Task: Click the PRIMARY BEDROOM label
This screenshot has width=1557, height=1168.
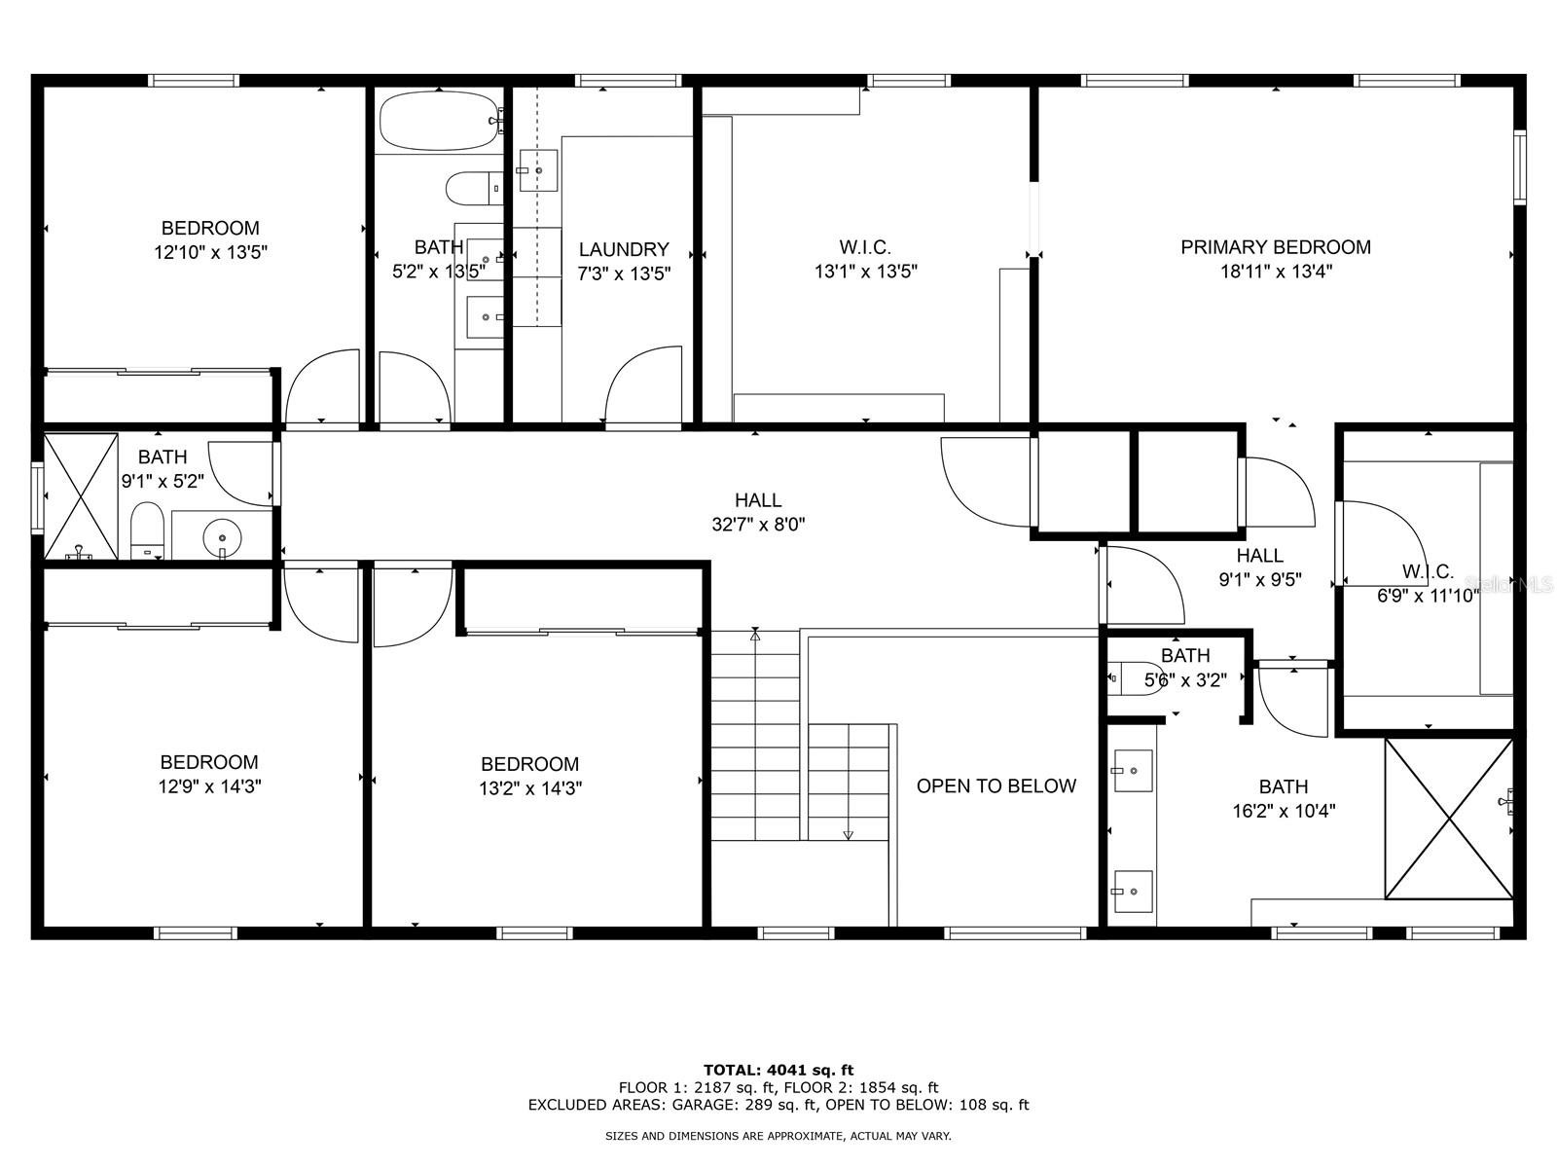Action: tap(1276, 247)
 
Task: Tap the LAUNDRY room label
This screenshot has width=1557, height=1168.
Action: tap(624, 249)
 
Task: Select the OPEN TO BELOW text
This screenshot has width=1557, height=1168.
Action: tap(996, 785)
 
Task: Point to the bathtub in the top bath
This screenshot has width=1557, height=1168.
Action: tap(438, 121)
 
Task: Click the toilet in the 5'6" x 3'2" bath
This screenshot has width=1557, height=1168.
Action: tap(1135, 679)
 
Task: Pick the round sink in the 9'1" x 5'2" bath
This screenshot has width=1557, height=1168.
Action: tap(222, 537)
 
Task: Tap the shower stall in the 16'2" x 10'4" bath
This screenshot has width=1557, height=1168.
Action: tap(1449, 819)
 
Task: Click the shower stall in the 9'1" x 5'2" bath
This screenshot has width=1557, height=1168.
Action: tap(81, 496)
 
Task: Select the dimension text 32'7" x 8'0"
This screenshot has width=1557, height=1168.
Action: tap(758, 525)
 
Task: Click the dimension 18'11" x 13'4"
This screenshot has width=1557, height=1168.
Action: tap(1276, 272)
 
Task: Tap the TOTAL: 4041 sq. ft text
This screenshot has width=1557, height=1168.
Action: tap(778, 1070)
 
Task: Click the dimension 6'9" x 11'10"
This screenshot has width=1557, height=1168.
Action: tap(1428, 596)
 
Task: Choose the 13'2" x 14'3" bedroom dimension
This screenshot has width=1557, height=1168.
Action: tap(530, 788)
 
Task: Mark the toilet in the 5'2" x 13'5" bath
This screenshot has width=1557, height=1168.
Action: tap(474, 189)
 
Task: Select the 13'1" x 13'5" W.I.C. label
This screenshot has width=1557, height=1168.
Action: tap(865, 247)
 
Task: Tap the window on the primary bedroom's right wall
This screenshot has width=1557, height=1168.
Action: tap(1519, 167)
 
